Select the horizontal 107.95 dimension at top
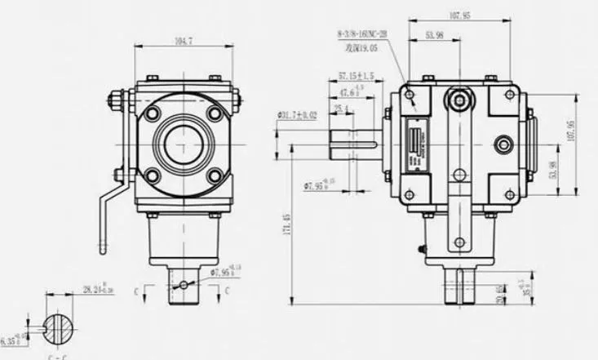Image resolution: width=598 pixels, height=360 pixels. tap(460, 16)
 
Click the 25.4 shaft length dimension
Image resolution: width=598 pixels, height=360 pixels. tap(341, 108)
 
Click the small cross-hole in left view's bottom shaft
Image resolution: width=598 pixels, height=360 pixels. tap(185, 283)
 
